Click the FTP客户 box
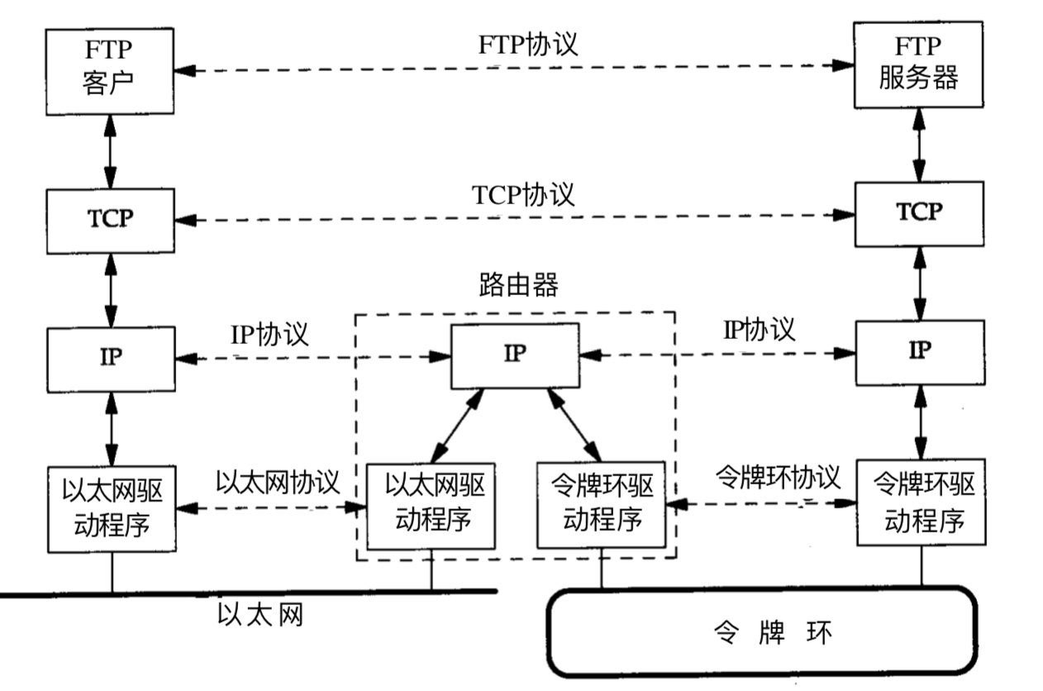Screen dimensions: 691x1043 tap(111, 71)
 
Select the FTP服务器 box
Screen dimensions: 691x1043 tap(918, 65)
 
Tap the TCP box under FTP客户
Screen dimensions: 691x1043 tap(111, 219)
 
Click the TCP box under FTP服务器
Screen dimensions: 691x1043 tap(919, 213)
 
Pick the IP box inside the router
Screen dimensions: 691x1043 tap(514, 356)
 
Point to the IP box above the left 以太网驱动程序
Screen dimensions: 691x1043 tap(111, 358)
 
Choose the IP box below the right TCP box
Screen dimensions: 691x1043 tap(919, 351)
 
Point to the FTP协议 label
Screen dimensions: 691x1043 tap(527, 44)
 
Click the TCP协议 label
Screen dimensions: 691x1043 tap(522, 195)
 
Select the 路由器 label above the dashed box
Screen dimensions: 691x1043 tap(517, 285)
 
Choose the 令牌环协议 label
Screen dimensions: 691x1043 tap(777, 477)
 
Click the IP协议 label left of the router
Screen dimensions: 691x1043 tap(269, 334)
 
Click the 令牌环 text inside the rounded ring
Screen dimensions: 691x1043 tap(771, 634)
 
